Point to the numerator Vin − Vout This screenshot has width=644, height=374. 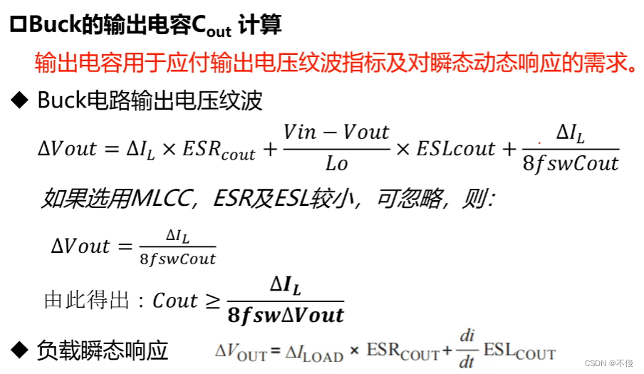[x=336, y=132]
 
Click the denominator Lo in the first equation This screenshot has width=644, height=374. [x=336, y=164]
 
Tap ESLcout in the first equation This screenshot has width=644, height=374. [x=455, y=149]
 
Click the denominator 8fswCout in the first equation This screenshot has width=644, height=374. [x=570, y=164]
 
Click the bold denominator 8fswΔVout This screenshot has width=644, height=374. [x=286, y=315]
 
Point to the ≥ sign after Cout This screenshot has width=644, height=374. [x=212, y=301]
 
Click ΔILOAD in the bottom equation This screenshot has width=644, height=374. [x=314, y=352]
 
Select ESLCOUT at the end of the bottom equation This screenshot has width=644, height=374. [x=519, y=351]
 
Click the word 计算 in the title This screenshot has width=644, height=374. [x=260, y=25]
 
